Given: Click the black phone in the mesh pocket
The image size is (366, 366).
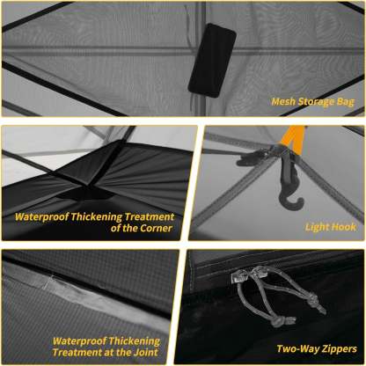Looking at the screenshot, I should tap(212, 59).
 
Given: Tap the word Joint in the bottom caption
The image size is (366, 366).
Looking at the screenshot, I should tap(142, 353).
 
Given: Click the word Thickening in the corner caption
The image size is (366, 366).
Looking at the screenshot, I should tap(110, 216).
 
